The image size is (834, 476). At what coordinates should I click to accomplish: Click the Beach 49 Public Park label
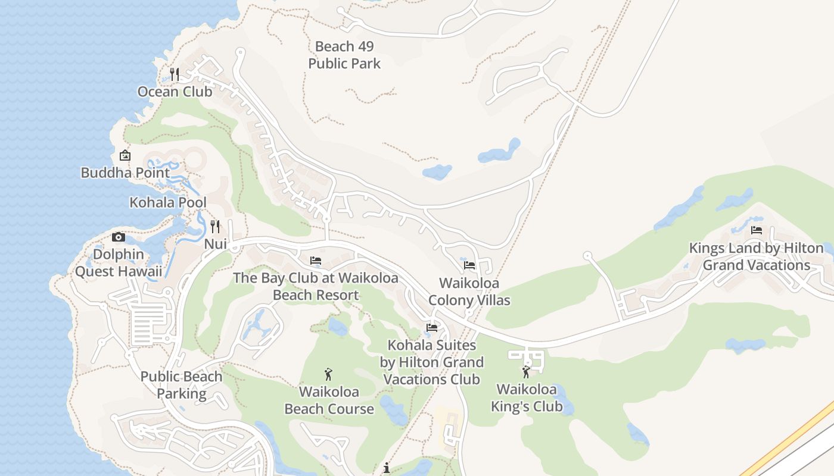[344, 55]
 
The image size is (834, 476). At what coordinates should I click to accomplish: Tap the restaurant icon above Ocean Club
[175, 74]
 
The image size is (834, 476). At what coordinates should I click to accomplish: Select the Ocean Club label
[175, 92]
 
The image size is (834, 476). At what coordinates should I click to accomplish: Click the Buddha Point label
[125, 173]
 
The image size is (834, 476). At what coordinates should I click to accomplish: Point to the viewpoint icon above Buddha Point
[125, 156]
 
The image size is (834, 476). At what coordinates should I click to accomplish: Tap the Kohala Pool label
[168, 202]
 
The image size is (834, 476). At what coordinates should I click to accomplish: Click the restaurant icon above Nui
[215, 227]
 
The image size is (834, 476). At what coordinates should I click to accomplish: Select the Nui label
[216, 244]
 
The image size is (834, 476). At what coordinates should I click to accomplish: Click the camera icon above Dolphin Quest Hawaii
[119, 237]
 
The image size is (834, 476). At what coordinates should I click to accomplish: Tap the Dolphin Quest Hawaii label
[119, 263]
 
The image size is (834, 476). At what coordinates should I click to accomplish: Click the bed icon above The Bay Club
[316, 261]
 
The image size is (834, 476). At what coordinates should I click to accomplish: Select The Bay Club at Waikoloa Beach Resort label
[316, 286]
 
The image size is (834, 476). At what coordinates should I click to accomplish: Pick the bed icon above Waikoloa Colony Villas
[469, 265]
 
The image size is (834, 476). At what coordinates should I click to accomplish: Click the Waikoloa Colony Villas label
[469, 292]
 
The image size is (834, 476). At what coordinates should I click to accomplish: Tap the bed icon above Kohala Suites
[432, 328]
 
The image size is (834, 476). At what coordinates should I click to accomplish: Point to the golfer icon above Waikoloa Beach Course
[328, 374]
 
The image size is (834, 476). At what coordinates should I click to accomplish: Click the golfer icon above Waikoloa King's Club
[526, 372]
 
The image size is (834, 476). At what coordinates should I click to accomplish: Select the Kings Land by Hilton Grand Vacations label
[757, 256]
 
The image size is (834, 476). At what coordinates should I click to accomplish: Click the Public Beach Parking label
[181, 385]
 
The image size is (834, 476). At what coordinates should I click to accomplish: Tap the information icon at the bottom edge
[387, 468]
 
